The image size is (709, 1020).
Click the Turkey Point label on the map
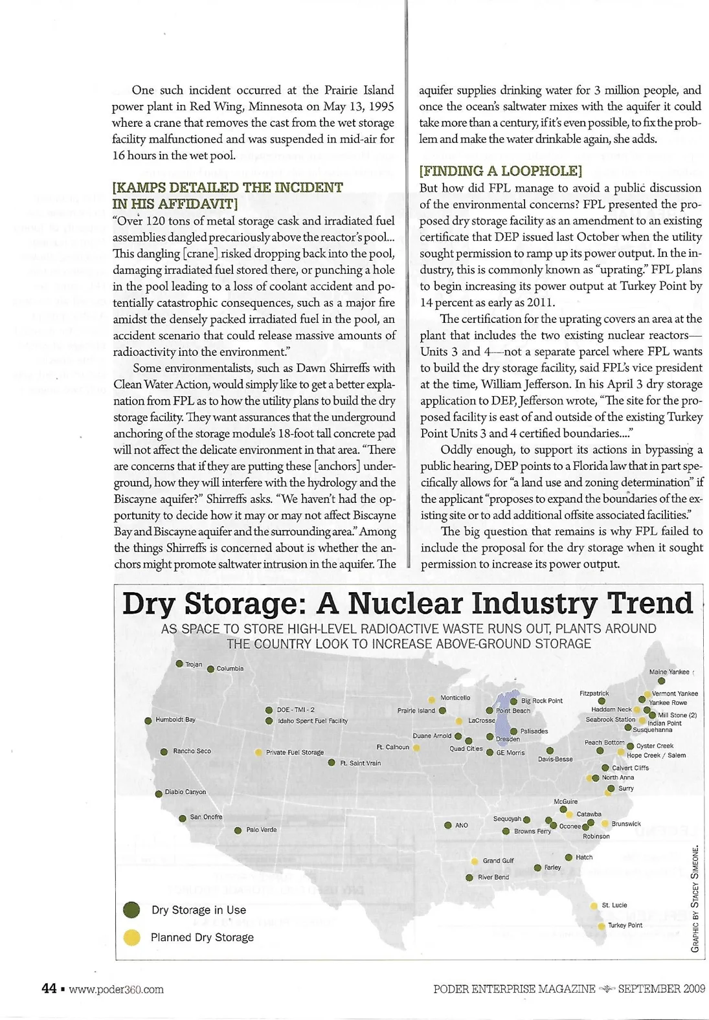pos(625,925)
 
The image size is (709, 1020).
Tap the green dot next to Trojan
pos(179,663)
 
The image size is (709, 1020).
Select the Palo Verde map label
pos(261,829)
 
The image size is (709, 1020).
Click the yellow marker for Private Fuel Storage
pos(258,752)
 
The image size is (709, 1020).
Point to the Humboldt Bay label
pos(175,719)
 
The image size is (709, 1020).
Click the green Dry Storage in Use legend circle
pos(131,909)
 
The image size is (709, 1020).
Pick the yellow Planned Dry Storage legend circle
pos(131,937)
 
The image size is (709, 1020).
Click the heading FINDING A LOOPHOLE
pos(500,171)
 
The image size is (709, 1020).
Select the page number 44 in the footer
pos(49,988)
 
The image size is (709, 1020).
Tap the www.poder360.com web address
pos(116,989)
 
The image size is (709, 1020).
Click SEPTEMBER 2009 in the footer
pos(661,988)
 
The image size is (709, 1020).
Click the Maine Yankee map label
pos(669,672)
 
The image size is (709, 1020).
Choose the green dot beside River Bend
pos(469,878)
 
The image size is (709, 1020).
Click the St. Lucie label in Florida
pos(614,905)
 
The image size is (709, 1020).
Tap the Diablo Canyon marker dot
pos(159,793)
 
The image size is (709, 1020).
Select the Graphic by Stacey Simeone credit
pos(695,898)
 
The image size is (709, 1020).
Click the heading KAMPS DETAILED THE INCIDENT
pos(227,188)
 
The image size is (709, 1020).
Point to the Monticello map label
pos(455,698)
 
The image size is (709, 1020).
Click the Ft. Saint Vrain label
pos(360,763)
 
